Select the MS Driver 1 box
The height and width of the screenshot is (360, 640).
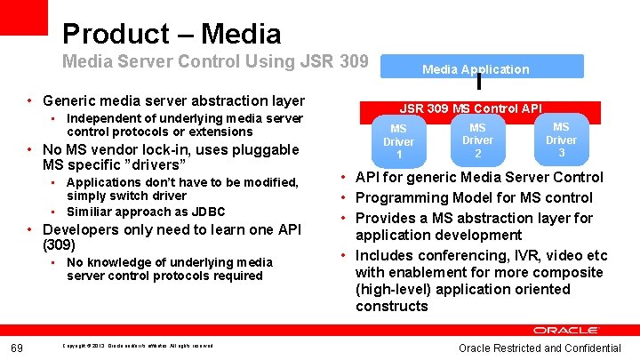[x=398, y=141]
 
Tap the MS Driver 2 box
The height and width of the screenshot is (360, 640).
[x=477, y=140]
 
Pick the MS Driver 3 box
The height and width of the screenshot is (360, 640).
[x=561, y=140]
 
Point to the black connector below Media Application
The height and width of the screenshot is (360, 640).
[x=479, y=83]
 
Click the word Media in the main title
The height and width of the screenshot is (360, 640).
[x=241, y=35]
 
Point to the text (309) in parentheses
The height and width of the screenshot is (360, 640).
[x=59, y=244]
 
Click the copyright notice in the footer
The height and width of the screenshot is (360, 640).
[x=137, y=345]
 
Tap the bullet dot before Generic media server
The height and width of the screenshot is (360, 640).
[x=30, y=101]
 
